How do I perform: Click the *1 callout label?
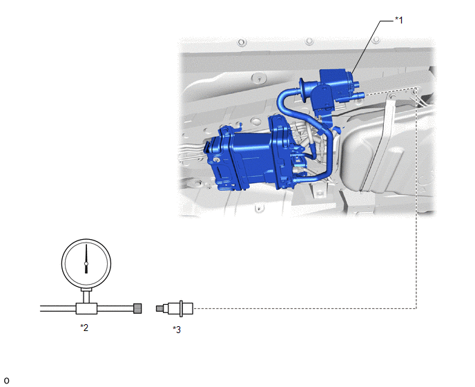tap(399, 20)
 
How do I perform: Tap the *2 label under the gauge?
tap(84, 328)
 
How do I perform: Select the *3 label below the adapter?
tap(177, 330)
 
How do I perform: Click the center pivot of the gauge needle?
tap(86, 263)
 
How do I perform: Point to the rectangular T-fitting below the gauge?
tap(86, 309)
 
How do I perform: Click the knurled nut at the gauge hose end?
tap(137, 308)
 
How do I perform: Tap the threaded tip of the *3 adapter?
tap(159, 308)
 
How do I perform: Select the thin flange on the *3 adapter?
tap(181, 308)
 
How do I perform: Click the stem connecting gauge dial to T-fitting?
tap(86, 296)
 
